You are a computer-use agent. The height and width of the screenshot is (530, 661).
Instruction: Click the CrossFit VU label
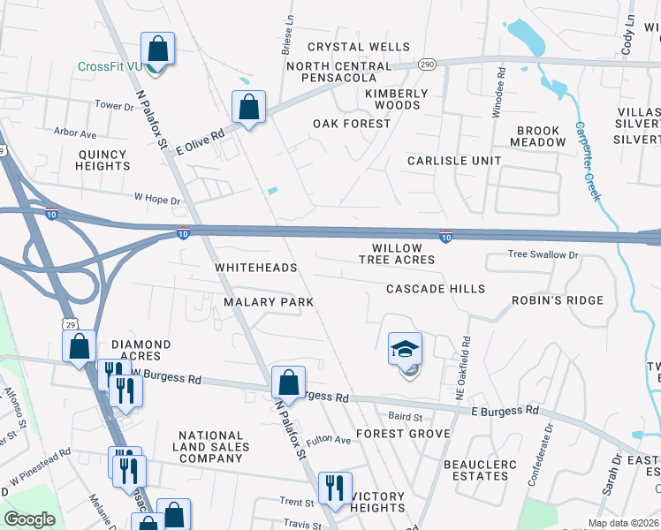(110, 66)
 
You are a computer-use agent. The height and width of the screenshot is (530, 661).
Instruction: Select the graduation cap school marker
(405, 350)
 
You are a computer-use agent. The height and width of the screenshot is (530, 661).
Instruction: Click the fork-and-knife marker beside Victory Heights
(335, 488)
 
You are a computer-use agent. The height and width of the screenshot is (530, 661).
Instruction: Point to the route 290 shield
(427, 64)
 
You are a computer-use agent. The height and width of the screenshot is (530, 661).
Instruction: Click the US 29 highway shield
(69, 325)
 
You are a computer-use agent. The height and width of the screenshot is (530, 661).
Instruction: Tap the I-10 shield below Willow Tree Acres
(445, 236)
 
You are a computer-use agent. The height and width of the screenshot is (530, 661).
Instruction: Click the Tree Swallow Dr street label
(543, 254)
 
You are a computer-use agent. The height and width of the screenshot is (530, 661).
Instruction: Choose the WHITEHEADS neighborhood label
(256, 268)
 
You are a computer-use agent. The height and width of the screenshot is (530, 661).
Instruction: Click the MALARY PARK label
(269, 302)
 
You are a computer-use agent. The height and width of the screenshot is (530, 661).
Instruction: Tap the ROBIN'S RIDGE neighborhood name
(558, 300)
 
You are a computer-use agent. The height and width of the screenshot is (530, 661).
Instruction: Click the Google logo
(30, 519)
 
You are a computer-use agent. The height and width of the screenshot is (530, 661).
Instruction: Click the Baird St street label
(406, 416)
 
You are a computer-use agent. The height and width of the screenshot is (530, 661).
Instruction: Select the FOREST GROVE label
(403, 434)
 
